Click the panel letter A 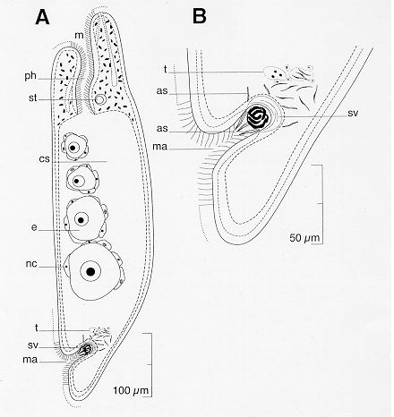pos(42,17)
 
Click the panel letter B pos(200,16)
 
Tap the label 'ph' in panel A pos(30,76)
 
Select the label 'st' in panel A pos(32,98)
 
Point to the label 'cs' pos(44,159)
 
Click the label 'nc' pos(31,264)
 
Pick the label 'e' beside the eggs pos(34,228)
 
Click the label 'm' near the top pos(79,36)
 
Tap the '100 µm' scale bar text pos(131,390)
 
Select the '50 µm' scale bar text pos(304,238)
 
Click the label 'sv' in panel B pos(353,114)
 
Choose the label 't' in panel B pos(165,69)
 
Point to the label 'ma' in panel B pos(159,147)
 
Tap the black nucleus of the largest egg pos(90,271)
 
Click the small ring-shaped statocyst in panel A pos(100,99)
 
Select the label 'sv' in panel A pos(33,345)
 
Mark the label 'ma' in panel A pos(30,360)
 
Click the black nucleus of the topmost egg pos(73,148)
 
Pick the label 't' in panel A pos(37,328)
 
